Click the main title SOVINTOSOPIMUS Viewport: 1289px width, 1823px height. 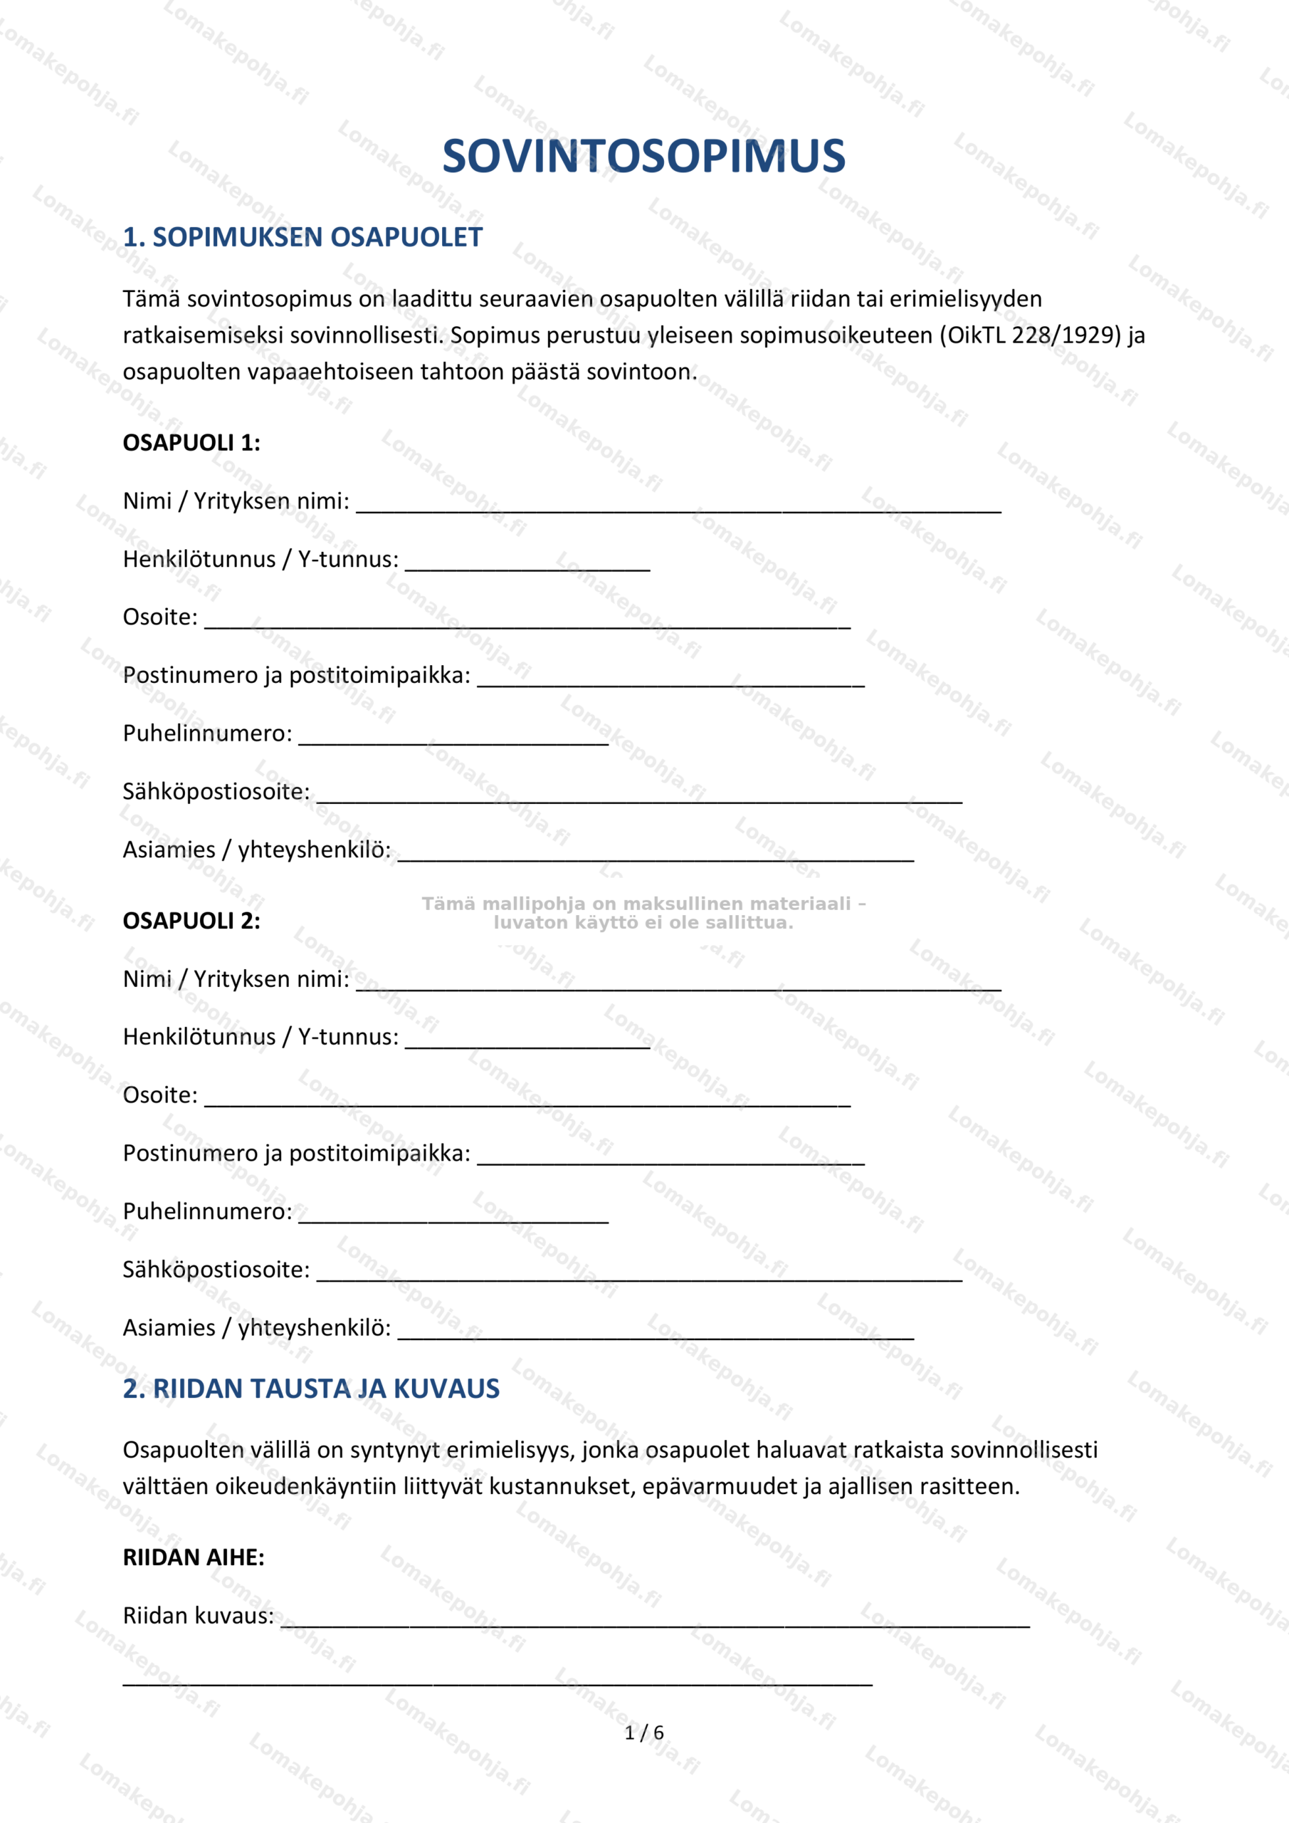(x=643, y=157)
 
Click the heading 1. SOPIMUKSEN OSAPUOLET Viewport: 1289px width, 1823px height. (x=302, y=237)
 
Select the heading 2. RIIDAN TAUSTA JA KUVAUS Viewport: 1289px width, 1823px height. (x=311, y=1389)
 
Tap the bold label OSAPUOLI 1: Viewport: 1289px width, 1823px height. (x=191, y=443)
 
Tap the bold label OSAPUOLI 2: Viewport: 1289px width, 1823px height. (x=191, y=921)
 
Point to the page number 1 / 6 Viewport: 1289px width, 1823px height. (x=643, y=1733)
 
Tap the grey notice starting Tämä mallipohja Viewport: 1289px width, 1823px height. (x=643, y=913)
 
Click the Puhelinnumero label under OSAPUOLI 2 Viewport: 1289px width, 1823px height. (x=207, y=1211)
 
